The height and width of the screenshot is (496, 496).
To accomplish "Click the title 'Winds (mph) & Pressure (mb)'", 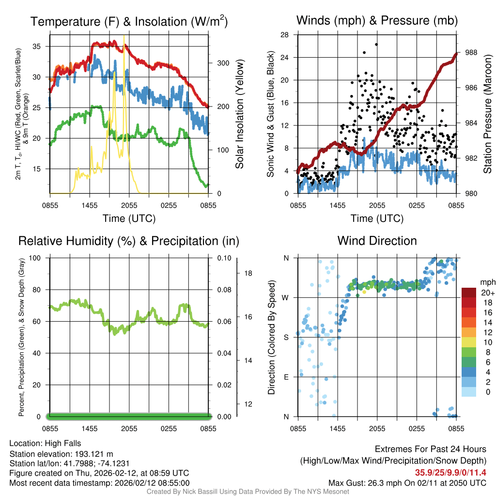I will pos(377,21).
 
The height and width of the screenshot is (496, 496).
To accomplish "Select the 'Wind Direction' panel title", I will pos(377,241).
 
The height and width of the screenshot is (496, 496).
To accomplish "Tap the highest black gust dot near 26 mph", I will pos(376,44).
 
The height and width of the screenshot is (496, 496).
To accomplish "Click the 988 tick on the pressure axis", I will pos(471,52).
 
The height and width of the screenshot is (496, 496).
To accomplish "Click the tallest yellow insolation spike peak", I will pos(124,36).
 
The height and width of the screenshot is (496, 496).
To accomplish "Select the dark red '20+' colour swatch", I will pos(470,293).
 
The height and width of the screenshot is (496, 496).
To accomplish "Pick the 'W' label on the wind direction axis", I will pos(286,297).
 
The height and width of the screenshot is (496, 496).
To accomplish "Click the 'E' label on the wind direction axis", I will pos(287,377).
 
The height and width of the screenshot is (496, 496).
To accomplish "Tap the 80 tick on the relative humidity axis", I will pos(40,290).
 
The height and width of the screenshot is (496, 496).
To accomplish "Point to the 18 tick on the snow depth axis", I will pos(247,273).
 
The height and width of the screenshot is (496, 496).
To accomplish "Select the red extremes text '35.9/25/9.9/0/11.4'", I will pos(450,473).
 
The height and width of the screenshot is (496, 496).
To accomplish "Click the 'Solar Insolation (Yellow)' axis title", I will pos(240,114).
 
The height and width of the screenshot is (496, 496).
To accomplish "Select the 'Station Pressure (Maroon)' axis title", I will pos(488,114).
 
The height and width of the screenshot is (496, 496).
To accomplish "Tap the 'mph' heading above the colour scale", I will pos(487,282).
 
